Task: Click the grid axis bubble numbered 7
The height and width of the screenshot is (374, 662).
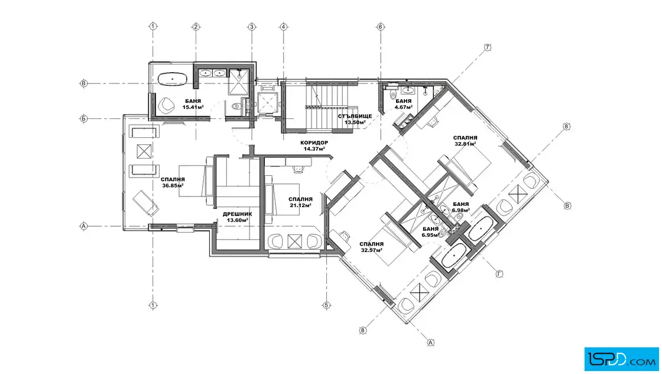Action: click(488, 47)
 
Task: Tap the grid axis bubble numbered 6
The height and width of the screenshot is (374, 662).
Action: click(381, 27)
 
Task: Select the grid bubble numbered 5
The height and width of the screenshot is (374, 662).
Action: click(326, 305)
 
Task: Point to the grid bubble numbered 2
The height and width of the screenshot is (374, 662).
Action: click(196, 27)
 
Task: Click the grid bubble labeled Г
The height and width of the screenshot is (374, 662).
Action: click(499, 274)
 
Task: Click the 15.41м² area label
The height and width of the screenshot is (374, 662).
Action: click(193, 107)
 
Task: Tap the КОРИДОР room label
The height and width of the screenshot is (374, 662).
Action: click(314, 143)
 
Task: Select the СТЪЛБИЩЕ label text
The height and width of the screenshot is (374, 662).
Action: click(355, 116)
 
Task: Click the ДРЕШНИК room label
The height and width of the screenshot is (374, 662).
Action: click(237, 214)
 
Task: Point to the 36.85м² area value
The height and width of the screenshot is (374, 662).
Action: click(173, 185)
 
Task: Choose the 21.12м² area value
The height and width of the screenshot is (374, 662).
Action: click(301, 205)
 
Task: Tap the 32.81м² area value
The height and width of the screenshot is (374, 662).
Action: click(465, 144)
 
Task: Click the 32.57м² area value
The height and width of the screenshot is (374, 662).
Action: click(372, 250)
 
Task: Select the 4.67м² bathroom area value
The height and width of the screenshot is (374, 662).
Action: click(403, 107)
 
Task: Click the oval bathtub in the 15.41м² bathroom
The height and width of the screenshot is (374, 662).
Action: click(172, 79)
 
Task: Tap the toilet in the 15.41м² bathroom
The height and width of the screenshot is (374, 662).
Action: click(237, 106)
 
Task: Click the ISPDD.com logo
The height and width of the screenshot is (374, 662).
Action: click(621, 359)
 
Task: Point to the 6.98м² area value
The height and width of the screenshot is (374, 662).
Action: click(460, 210)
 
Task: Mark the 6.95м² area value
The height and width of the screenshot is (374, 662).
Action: click(431, 235)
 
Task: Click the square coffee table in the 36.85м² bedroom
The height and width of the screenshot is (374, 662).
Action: click(144, 151)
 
